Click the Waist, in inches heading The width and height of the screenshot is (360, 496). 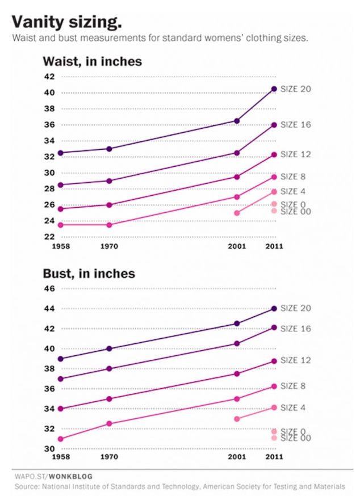point(92,61)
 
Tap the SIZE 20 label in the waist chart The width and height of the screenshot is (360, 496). point(296,89)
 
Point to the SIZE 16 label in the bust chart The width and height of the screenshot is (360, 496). point(296,329)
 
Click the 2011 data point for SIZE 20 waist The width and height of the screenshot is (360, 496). point(274,89)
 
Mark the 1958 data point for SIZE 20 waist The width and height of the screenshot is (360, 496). point(60,153)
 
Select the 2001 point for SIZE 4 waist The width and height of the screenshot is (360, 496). point(237,213)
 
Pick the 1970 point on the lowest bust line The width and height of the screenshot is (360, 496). point(109,423)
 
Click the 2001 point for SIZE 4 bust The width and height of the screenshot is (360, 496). point(237,419)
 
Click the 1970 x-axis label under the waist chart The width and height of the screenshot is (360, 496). point(109,246)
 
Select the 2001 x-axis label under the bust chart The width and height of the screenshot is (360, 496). point(237,457)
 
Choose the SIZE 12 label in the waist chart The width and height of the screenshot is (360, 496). point(296,154)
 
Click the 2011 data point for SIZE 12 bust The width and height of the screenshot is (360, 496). point(274,361)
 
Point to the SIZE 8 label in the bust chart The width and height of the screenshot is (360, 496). point(294,386)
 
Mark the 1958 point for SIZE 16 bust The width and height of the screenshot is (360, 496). point(60,379)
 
